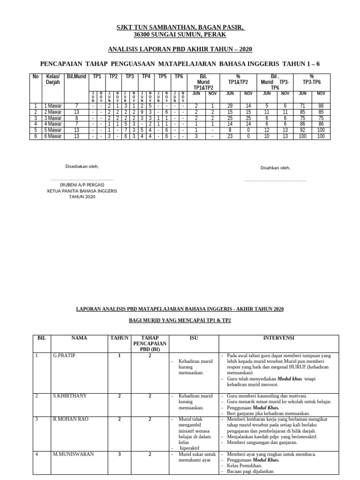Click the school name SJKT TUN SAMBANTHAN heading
[x=180, y=28]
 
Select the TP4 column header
[x=146, y=76]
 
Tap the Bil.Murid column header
[x=76, y=76]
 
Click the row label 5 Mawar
[x=52, y=129]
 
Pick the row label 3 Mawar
[x=52, y=118]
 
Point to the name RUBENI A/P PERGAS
[x=82, y=185]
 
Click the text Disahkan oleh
[x=275, y=168]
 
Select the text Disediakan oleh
[x=82, y=166]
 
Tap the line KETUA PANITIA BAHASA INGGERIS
[x=82, y=191]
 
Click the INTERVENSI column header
[x=277, y=337]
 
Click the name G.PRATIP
[x=64, y=356]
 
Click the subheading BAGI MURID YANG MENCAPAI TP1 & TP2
[x=180, y=320]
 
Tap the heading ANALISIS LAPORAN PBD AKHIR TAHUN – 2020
[x=180, y=49]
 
